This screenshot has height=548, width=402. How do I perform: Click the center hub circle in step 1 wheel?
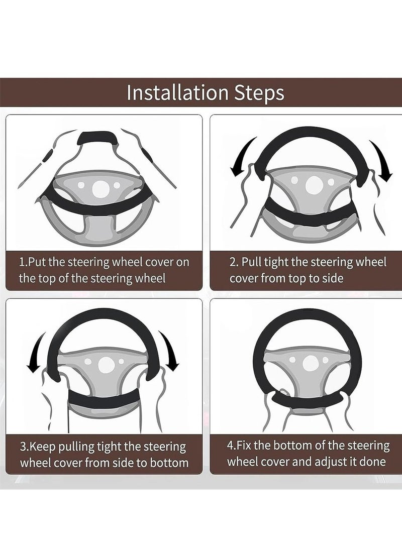(x=100, y=188)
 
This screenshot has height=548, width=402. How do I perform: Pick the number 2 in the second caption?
(x=233, y=262)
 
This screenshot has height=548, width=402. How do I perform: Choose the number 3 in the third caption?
(x=22, y=447)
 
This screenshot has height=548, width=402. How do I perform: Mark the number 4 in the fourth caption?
(x=231, y=446)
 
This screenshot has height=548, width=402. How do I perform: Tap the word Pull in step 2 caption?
(x=252, y=262)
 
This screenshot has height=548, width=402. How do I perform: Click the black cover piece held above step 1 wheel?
(x=99, y=137)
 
